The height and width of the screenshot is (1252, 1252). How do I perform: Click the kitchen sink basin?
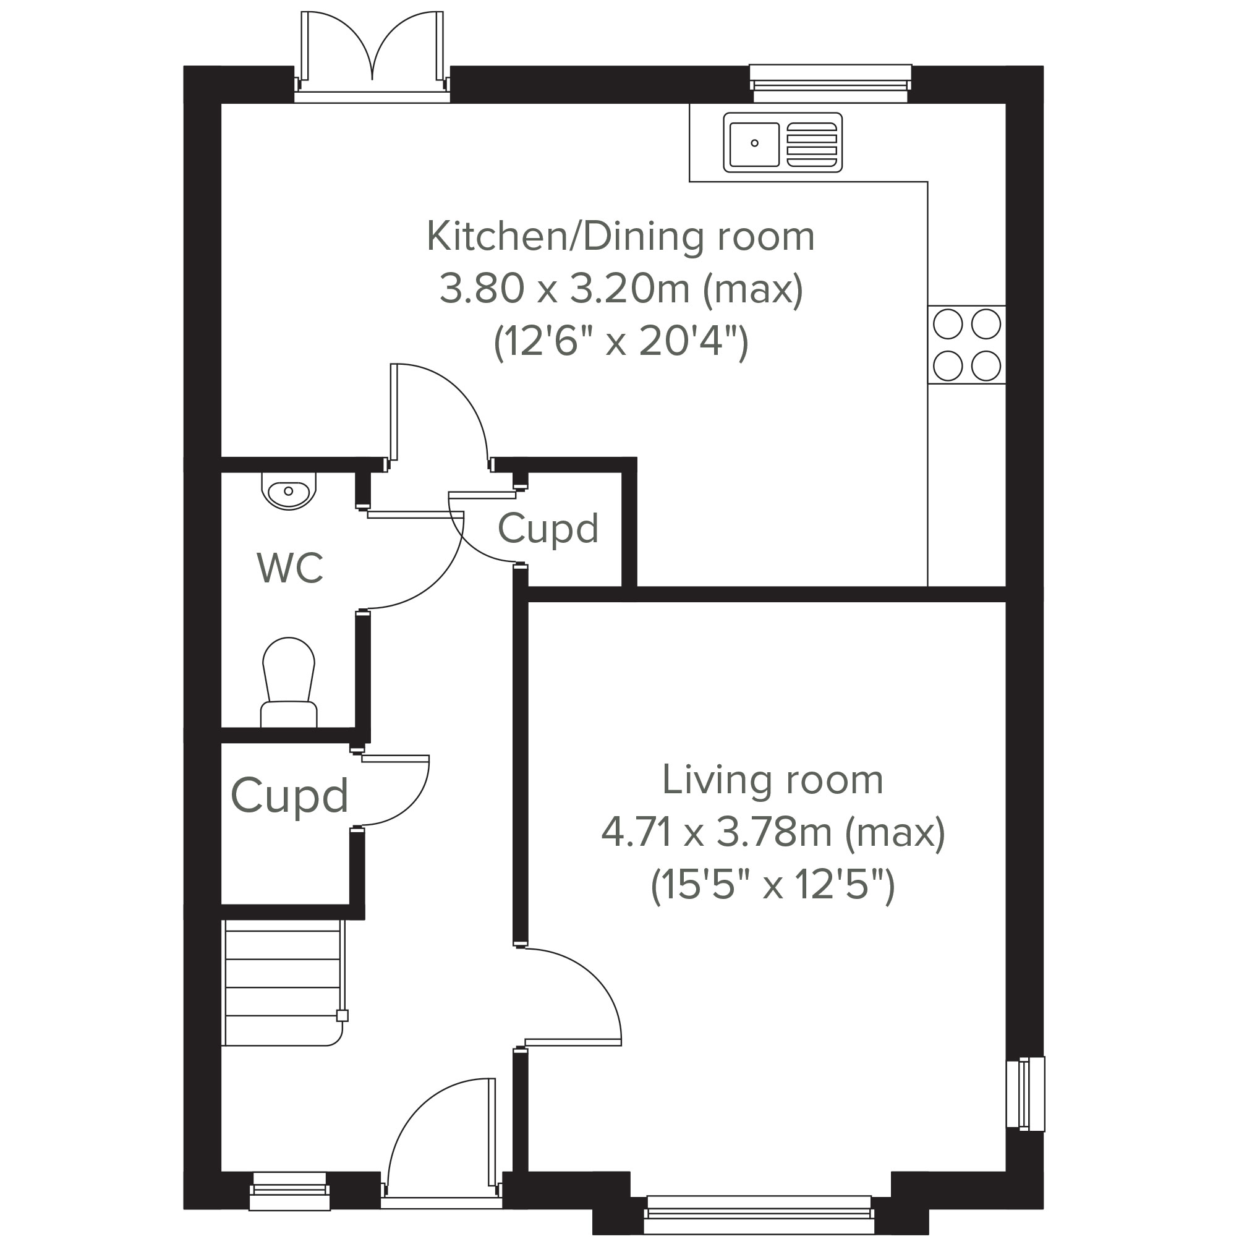click(754, 143)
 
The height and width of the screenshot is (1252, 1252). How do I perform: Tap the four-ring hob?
click(966, 345)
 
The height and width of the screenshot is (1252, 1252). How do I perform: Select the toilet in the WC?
click(288, 682)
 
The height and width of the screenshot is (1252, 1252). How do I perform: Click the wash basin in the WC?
click(288, 490)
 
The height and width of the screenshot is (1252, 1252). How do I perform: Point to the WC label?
click(290, 568)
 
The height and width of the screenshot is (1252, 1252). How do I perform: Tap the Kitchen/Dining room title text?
click(620, 237)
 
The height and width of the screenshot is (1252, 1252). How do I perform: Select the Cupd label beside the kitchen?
click(548, 529)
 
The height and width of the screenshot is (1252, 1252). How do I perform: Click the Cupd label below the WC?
click(290, 795)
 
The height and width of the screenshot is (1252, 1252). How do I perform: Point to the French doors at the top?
click(372, 57)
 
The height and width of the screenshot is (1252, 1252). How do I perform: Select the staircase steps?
click(283, 982)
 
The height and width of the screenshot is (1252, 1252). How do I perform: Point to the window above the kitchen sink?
click(830, 83)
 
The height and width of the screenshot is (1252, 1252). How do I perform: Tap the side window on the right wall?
click(1025, 1094)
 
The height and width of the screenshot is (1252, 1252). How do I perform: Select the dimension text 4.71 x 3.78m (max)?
click(773, 833)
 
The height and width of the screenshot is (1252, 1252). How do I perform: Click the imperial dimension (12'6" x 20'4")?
click(621, 341)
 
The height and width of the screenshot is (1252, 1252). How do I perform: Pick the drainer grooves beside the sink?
click(811, 143)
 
